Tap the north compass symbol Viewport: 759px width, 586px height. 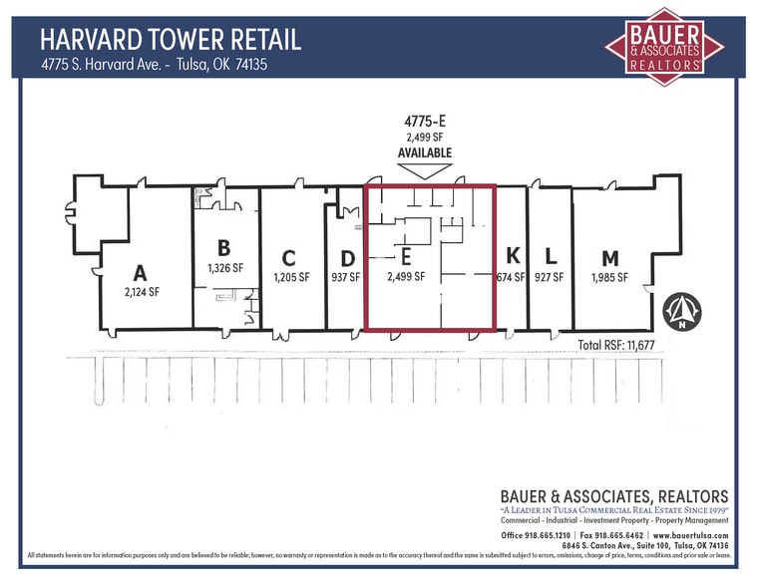click(x=681, y=312)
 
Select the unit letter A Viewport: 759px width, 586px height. click(x=141, y=273)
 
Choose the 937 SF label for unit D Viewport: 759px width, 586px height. click(x=345, y=277)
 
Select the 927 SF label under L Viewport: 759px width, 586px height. click(x=549, y=277)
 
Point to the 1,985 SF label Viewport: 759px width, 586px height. click(x=608, y=277)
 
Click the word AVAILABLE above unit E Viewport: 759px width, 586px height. click(x=425, y=152)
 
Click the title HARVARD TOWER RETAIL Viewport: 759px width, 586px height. click(x=171, y=40)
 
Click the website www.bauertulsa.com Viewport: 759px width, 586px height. click(x=691, y=535)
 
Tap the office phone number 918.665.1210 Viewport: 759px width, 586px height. click(x=549, y=535)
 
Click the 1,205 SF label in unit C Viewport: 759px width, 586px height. click(x=290, y=277)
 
